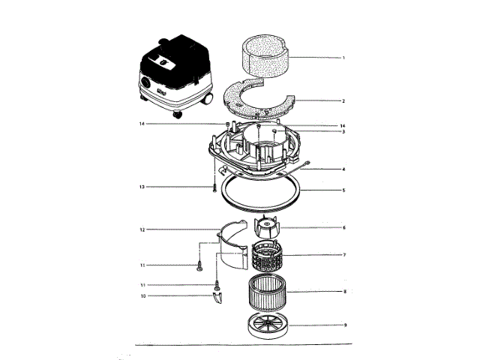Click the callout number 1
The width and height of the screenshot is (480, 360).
343,57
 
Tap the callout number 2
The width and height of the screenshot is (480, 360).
343,100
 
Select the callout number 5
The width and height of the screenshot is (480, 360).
343,190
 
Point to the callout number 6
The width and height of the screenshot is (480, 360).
343,227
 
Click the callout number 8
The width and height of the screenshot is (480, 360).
343,290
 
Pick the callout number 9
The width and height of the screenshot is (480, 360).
343,325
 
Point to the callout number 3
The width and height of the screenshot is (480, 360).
343,131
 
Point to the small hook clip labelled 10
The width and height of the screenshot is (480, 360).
217,298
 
